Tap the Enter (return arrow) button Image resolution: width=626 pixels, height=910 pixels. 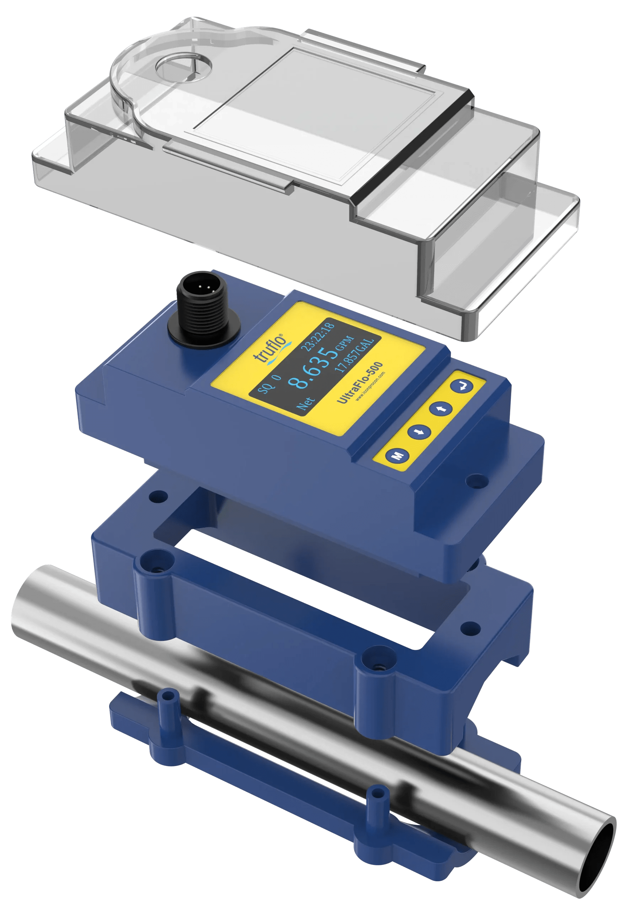[x=461, y=386]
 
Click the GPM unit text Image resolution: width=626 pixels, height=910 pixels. [x=346, y=345]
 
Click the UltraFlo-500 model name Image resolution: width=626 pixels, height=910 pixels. [x=360, y=383]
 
